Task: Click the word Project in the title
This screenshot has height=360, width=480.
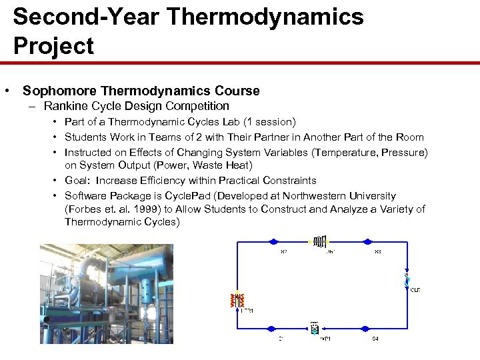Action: (x=53, y=46)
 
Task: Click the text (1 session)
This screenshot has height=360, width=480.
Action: (x=269, y=122)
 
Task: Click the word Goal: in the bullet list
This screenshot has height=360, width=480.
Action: (x=79, y=181)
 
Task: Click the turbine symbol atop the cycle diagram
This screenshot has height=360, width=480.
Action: (x=320, y=241)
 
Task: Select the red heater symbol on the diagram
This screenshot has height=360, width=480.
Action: (x=236, y=301)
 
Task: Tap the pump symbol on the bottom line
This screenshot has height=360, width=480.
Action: (x=314, y=328)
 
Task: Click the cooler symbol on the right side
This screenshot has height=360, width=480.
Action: (x=407, y=280)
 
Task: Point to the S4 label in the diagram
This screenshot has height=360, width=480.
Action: (x=375, y=339)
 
